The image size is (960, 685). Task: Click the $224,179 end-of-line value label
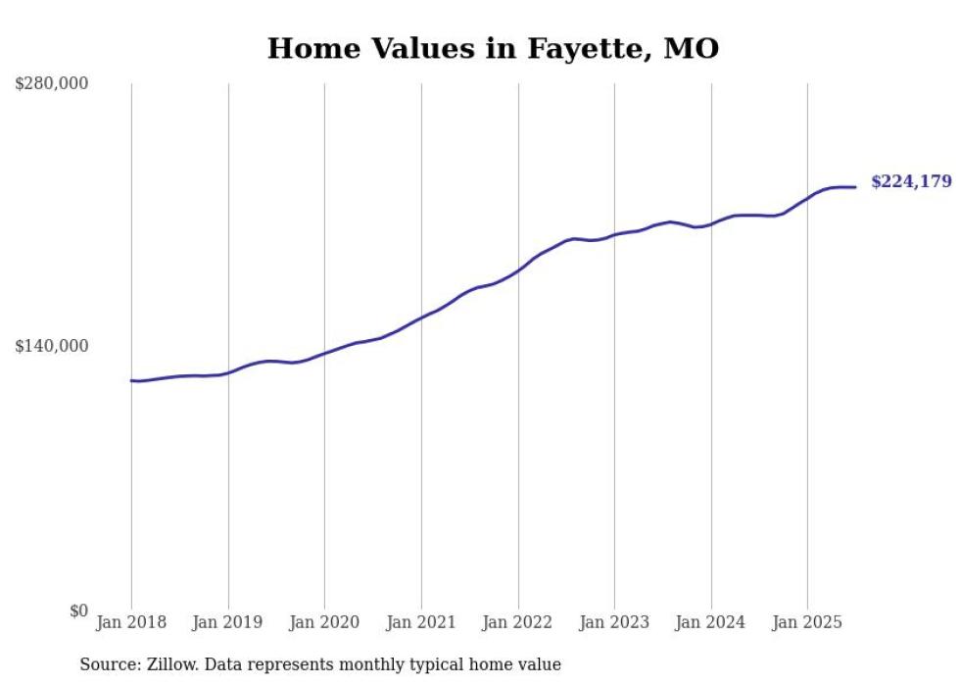[911, 181]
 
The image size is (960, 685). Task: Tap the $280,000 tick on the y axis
[52, 83]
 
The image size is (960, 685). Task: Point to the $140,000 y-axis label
[52, 346]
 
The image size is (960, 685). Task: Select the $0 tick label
[78, 611]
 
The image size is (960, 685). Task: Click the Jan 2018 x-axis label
[131, 622]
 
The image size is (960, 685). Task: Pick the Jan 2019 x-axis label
[227, 622]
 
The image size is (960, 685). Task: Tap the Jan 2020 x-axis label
[324, 622]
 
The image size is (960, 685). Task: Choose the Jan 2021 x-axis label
[421, 622]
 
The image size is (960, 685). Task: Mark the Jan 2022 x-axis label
[517, 622]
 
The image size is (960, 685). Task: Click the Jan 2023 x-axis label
[614, 622]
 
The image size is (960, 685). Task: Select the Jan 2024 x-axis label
[710, 622]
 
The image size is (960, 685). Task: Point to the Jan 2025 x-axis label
[807, 622]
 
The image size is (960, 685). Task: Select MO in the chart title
[692, 49]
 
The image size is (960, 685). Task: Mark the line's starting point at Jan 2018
[131, 380]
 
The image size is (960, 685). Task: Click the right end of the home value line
[855, 187]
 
